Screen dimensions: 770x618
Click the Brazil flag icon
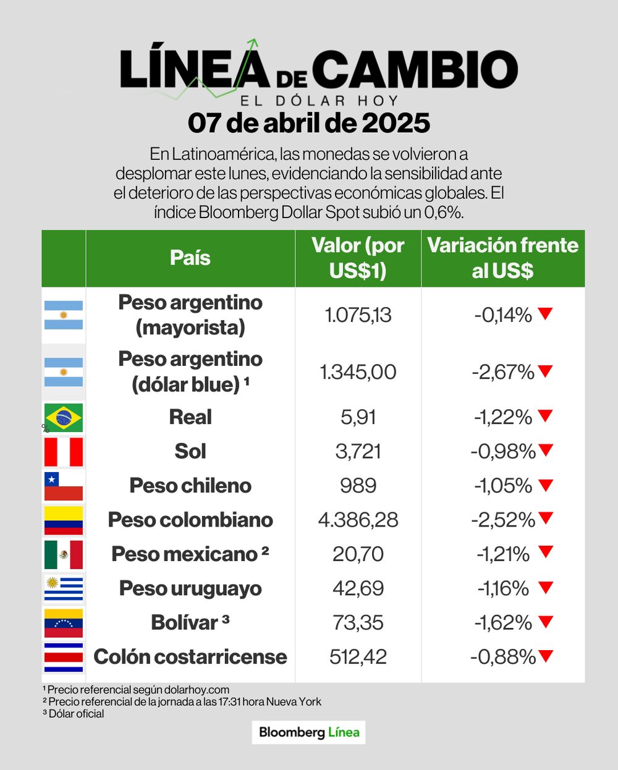[x=63, y=418]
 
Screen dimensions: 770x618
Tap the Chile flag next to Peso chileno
[x=63, y=486]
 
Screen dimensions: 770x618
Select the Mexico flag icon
[x=63, y=554]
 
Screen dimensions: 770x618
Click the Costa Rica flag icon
[x=63, y=657]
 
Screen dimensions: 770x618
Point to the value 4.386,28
[x=358, y=520]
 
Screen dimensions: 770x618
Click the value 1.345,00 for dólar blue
[x=358, y=372]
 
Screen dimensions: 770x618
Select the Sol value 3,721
[x=358, y=451]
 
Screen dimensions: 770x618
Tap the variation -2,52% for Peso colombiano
[x=502, y=520]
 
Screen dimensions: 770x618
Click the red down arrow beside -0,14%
[x=545, y=314]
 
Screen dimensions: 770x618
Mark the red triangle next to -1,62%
[x=545, y=622]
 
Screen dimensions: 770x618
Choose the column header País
[x=190, y=258]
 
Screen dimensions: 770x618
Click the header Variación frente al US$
[x=502, y=258]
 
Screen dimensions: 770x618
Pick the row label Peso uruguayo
[x=190, y=588]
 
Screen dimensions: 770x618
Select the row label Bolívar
[x=185, y=623]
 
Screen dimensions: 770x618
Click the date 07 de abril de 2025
[x=309, y=123]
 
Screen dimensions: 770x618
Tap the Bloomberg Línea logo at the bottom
[x=309, y=732]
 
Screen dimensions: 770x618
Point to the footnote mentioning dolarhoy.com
[x=136, y=690]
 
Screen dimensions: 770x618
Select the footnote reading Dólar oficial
[x=74, y=714]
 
